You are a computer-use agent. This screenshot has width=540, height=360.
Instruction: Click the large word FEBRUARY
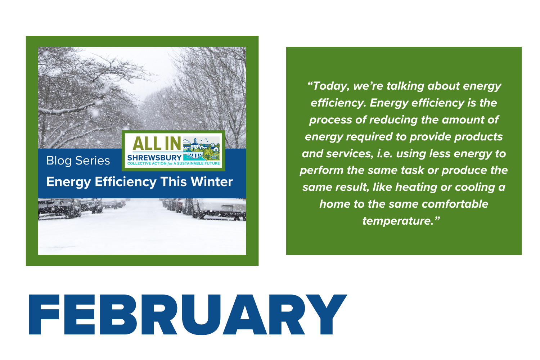coord(188,314)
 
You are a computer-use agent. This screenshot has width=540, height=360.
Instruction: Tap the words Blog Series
coord(78,161)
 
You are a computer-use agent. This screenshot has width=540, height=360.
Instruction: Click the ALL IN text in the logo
coord(157,144)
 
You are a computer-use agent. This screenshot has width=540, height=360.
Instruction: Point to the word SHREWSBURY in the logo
coord(154,158)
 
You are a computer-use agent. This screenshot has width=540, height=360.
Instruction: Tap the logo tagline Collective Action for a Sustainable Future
coord(174,163)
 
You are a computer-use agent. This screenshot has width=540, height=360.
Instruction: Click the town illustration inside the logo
coord(201,149)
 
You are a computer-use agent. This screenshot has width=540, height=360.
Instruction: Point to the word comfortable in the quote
coord(455,204)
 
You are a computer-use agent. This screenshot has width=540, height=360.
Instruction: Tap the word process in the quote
coord(330,120)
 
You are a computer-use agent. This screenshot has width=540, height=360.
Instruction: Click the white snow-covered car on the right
coord(219,209)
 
